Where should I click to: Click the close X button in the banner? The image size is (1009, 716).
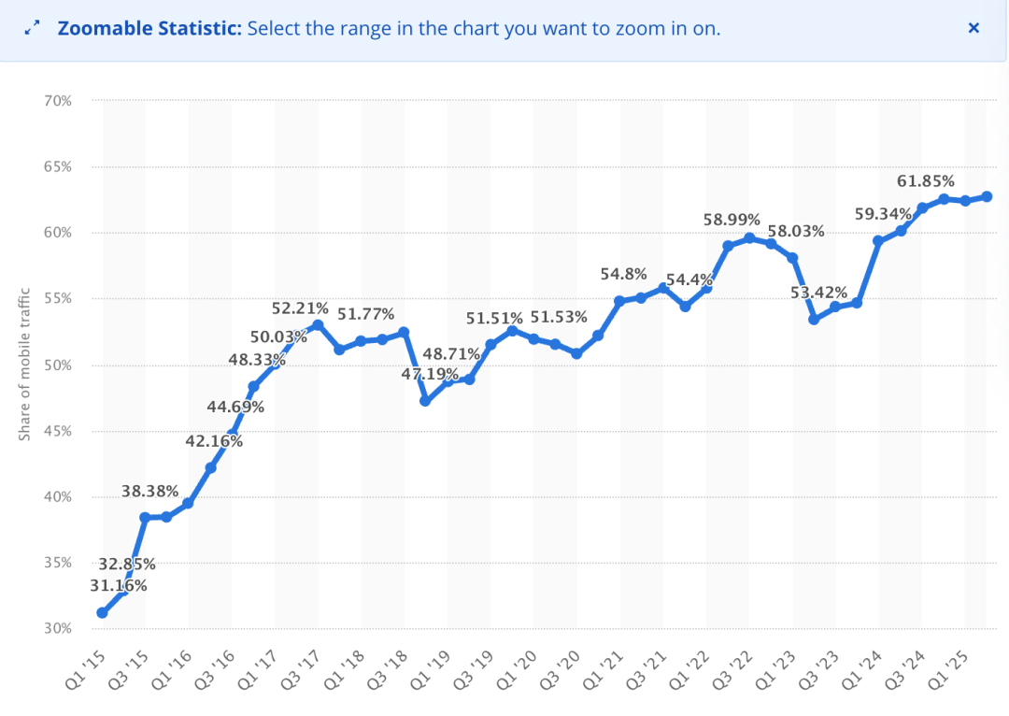[x=973, y=28]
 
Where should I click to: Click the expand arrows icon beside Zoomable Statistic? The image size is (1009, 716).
[x=33, y=28]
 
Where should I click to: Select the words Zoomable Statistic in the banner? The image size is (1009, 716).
[x=149, y=28]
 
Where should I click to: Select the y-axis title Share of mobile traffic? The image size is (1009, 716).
[x=25, y=365]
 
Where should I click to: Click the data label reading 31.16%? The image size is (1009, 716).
[x=119, y=586]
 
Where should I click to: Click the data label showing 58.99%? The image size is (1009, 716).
[x=732, y=220]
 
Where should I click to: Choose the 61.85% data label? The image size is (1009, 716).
[x=926, y=181]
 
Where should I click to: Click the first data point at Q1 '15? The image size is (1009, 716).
[x=102, y=613]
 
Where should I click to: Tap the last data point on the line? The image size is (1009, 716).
[x=987, y=196]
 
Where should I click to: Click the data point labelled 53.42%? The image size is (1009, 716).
[x=814, y=320]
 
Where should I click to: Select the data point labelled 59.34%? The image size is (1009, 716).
[x=878, y=241]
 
